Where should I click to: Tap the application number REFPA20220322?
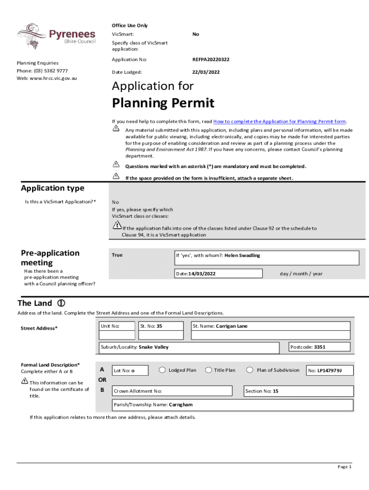coord(211,59)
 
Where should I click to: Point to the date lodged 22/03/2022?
coord(206,72)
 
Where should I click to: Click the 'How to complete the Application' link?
coord(279,122)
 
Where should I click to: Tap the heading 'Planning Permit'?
coord(163,103)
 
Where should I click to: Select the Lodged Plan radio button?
coord(162,370)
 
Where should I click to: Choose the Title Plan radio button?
coord(208,370)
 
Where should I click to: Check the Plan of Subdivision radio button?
coord(250,370)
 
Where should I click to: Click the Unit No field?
coord(116,326)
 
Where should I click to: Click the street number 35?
coord(160,326)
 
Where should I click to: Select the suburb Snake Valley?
coord(154,347)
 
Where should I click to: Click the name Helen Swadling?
coord(242,256)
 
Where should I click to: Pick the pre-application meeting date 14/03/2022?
coord(199,274)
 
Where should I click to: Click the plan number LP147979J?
coord(329,370)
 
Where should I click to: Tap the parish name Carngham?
coord(181,405)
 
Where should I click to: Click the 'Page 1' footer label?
coord(345,467)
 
